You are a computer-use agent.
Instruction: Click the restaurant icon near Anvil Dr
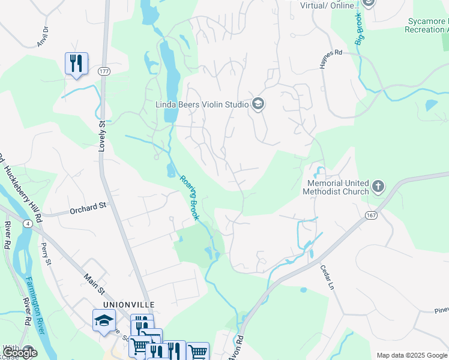tap(76, 63)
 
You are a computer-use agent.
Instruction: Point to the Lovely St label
tap(102, 135)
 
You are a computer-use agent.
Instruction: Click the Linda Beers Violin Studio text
tap(202, 104)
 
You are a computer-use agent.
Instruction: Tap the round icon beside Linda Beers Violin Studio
tap(259, 104)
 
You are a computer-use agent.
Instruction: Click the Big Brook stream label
tap(360, 28)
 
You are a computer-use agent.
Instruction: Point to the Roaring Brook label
tap(189, 197)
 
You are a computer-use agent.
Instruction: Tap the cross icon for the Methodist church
tap(378, 187)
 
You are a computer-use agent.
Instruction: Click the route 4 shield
tap(28, 224)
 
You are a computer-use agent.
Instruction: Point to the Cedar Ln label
tap(326, 278)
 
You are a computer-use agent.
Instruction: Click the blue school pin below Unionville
tap(104, 320)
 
